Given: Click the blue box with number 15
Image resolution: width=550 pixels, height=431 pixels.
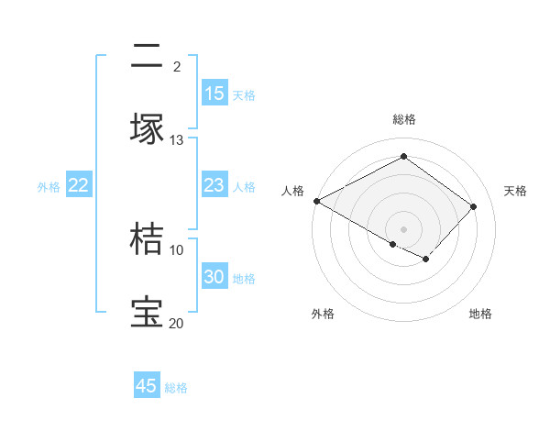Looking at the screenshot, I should pos(214,94).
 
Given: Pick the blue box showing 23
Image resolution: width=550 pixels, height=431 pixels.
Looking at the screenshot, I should pos(214,185).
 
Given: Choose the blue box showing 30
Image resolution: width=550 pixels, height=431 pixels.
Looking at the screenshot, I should pos(214,277).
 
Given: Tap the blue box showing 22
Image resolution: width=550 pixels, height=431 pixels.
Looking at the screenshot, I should pos(79,185).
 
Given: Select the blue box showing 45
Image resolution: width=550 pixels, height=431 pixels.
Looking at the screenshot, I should pos(147,386).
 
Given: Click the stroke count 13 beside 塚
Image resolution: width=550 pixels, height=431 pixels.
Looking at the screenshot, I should pos(177,140).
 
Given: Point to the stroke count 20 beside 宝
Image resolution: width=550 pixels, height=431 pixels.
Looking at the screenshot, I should pos(176,323).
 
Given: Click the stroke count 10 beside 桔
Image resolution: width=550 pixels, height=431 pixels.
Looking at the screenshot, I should pos(177,249).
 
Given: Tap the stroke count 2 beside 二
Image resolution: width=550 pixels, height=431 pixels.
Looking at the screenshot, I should pos(177,67).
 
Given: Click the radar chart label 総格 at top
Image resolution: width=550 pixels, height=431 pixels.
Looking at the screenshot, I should pos(403,119).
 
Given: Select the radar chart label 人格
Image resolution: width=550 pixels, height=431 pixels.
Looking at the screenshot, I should pos(293,190).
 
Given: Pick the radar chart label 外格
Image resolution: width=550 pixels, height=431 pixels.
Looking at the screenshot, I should pos(323,315).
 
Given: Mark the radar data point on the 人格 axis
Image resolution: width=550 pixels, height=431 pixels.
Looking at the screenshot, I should pos(316,201).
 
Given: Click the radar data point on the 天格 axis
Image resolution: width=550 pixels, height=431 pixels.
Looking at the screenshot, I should pos(473,206).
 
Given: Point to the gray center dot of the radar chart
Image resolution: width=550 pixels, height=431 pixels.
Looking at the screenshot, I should pos(403,228).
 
